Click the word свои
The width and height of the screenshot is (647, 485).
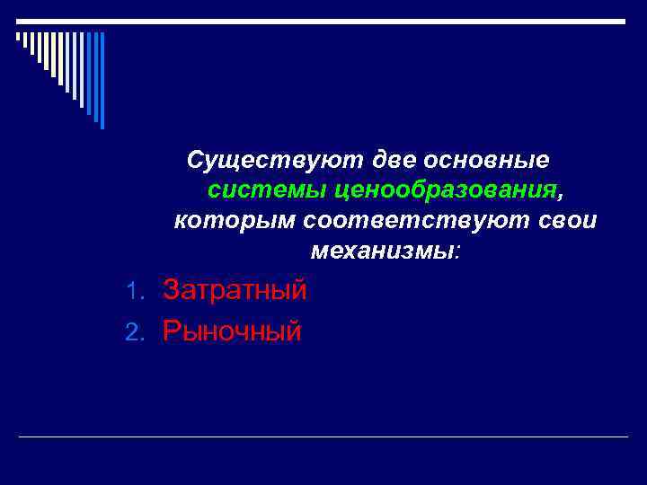(570, 220)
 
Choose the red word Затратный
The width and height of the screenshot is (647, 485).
(235, 289)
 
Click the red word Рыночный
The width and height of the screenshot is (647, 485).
(232, 331)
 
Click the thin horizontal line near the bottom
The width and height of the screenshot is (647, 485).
(323, 436)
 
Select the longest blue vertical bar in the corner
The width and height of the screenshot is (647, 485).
(102, 81)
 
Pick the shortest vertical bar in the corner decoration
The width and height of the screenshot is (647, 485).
(18, 38)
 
